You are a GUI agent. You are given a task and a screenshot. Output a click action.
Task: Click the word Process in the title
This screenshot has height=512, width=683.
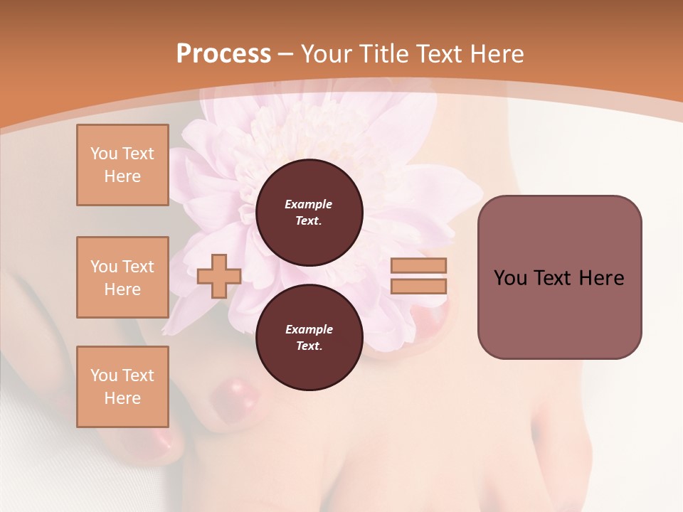(x=223, y=54)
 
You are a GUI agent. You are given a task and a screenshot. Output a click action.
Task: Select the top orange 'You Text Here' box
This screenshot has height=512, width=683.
(x=122, y=165)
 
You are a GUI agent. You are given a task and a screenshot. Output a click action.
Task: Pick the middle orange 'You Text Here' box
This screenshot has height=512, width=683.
(x=122, y=277)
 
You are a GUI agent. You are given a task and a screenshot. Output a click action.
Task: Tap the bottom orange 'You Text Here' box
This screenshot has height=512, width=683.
(x=122, y=386)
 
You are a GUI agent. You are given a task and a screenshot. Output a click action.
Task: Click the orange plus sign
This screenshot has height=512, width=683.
(x=219, y=276)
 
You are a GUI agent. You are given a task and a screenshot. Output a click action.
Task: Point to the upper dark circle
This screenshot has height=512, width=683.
(x=309, y=212)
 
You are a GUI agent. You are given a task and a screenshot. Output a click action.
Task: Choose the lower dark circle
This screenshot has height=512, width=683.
(x=309, y=337)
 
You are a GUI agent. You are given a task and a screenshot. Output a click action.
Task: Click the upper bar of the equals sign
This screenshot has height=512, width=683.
(x=418, y=266)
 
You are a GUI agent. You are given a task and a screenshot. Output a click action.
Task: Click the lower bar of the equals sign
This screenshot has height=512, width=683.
(x=418, y=286)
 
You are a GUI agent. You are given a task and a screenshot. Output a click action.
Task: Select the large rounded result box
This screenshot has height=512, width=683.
(x=559, y=277)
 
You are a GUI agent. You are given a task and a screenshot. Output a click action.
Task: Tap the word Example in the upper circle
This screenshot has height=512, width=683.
(x=309, y=204)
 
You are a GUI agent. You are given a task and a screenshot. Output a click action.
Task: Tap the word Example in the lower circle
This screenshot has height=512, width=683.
(x=309, y=329)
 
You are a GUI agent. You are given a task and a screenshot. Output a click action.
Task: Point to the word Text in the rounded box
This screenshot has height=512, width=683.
(x=551, y=278)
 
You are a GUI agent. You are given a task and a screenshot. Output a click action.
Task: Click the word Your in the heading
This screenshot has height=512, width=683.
(x=327, y=54)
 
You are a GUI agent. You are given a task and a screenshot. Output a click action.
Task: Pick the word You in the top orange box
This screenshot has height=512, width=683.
(x=103, y=154)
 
